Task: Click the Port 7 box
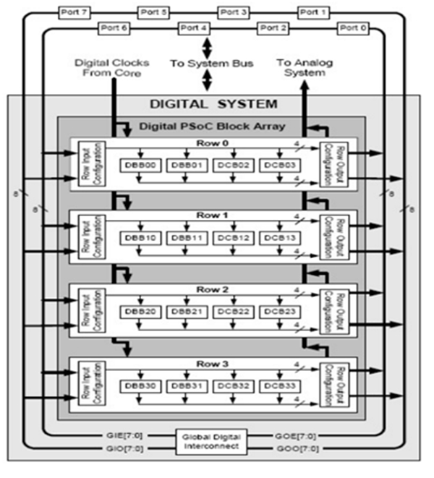(75, 12)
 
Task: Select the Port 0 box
(354, 27)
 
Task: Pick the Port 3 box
(235, 12)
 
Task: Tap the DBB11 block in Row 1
(185, 238)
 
